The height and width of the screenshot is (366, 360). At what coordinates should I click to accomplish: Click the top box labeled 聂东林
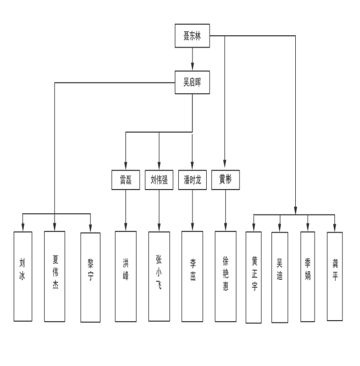click(x=192, y=37)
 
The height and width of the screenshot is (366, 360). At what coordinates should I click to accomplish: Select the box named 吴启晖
click(x=192, y=82)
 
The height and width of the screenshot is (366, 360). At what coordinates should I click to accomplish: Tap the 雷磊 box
click(x=125, y=180)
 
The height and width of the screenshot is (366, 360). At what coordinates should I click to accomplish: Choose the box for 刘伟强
click(x=159, y=180)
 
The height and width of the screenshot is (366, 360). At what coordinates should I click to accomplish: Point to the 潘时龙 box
click(x=192, y=180)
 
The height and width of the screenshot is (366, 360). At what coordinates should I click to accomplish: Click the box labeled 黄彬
click(x=225, y=180)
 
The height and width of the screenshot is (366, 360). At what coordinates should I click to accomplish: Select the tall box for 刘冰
click(x=23, y=276)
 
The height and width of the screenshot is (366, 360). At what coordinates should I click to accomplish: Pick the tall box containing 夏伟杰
click(x=55, y=276)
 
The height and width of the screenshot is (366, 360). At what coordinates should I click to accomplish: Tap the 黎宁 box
click(x=90, y=277)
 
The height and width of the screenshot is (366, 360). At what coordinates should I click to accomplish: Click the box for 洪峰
click(x=125, y=276)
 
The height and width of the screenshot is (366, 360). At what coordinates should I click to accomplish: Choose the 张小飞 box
click(x=159, y=276)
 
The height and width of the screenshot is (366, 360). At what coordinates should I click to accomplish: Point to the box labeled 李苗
click(x=192, y=276)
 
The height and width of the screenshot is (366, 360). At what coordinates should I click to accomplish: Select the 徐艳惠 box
click(x=225, y=276)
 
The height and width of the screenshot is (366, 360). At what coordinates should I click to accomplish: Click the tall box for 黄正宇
click(x=254, y=277)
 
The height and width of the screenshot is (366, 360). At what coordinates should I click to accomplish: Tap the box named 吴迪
click(x=279, y=276)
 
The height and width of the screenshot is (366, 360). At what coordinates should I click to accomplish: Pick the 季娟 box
click(x=308, y=276)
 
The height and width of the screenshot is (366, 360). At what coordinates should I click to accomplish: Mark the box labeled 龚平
click(x=335, y=276)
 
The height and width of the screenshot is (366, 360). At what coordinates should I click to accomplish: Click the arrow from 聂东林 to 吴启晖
click(x=192, y=59)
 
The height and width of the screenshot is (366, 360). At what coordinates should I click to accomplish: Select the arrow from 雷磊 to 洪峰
click(x=125, y=210)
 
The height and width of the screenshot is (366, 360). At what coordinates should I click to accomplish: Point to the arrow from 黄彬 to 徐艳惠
click(x=225, y=210)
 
